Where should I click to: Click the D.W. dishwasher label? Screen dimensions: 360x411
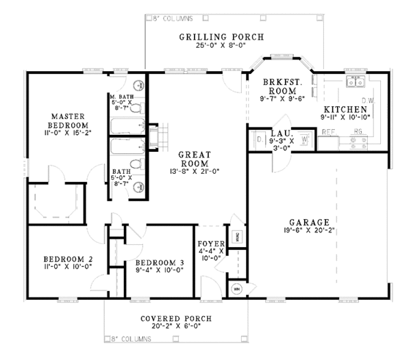coord(366,101)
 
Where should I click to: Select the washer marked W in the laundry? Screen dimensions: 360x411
coord(304,140)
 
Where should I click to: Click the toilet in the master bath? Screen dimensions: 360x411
coord(136,107)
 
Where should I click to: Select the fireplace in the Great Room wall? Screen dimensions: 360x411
coord(156,136)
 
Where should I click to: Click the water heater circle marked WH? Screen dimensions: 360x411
coord(237,289)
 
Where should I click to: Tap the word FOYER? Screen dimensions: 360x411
coord(209,243)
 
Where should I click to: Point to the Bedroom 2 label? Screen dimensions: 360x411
coord(68,259)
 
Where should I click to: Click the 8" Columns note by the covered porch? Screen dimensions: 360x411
coord(134,338)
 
